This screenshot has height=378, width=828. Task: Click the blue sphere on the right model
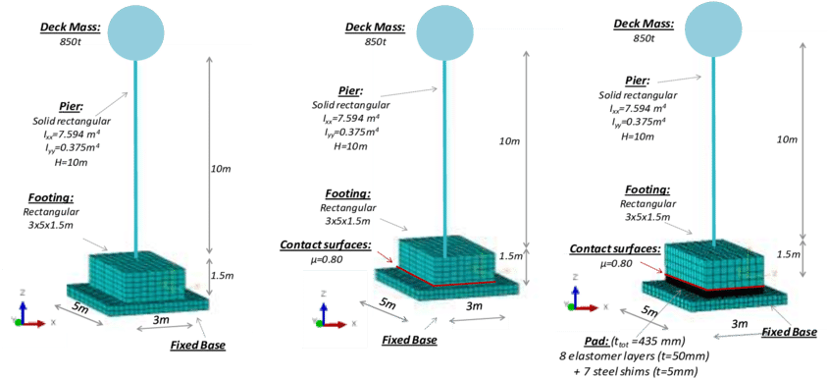coord(718,27)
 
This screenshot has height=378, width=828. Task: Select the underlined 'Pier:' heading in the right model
coord(637,81)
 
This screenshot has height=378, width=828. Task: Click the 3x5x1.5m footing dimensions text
coord(648,218)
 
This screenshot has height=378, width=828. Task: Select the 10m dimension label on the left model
coord(222,169)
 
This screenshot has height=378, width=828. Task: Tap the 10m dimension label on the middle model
coord(509,142)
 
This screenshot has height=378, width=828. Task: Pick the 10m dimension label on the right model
coord(787,139)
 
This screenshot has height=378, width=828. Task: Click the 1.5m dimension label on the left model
coord(223,275)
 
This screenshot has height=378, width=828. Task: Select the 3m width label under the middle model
coord(473,306)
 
